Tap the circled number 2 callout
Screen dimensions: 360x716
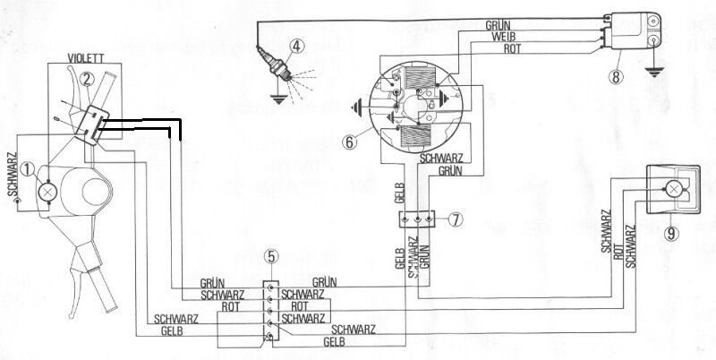[x=86, y=78]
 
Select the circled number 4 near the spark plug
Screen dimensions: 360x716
[x=296, y=47]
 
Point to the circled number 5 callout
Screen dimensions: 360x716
[x=272, y=258]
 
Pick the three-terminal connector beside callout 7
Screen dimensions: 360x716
[x=418, y=218]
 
